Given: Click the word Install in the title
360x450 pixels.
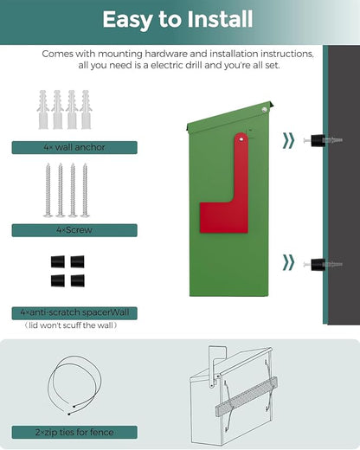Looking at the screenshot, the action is click(x=220, y=19).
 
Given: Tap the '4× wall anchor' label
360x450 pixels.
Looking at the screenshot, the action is click(x=74, y=147).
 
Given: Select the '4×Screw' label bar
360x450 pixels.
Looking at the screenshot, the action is click(x=74, y=230).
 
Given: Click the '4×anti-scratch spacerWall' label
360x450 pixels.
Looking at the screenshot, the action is click(x=74, y=313).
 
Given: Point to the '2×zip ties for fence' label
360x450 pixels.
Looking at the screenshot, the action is click(x=74, y=432).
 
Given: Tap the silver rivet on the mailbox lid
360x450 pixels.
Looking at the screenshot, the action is click(x=265, y=110).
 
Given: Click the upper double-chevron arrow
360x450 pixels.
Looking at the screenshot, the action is click(x=288, y=141).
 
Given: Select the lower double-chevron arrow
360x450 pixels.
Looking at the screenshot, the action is click(x=288, y=262).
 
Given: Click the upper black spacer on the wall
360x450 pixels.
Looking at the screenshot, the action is click(x=318, y=140).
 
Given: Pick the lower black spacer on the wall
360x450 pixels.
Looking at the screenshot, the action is click(x=318, y=264).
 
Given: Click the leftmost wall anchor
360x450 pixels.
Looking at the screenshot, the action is click(x=42, y=110).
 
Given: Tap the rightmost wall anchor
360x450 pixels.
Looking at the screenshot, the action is click(x=86, y=110).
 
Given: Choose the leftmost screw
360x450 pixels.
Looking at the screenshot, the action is click(x=48, y=190).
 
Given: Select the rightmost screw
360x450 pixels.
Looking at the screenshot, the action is click(x=85, y=190).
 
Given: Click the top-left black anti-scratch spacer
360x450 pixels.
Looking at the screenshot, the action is click(x=58, y=261).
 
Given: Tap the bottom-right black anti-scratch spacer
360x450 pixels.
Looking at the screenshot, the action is click(x=78, y=280).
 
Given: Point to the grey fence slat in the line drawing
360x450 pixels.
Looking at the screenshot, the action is click(x=247, y=396).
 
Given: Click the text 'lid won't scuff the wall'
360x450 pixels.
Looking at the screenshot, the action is click(x=71, y=325).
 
